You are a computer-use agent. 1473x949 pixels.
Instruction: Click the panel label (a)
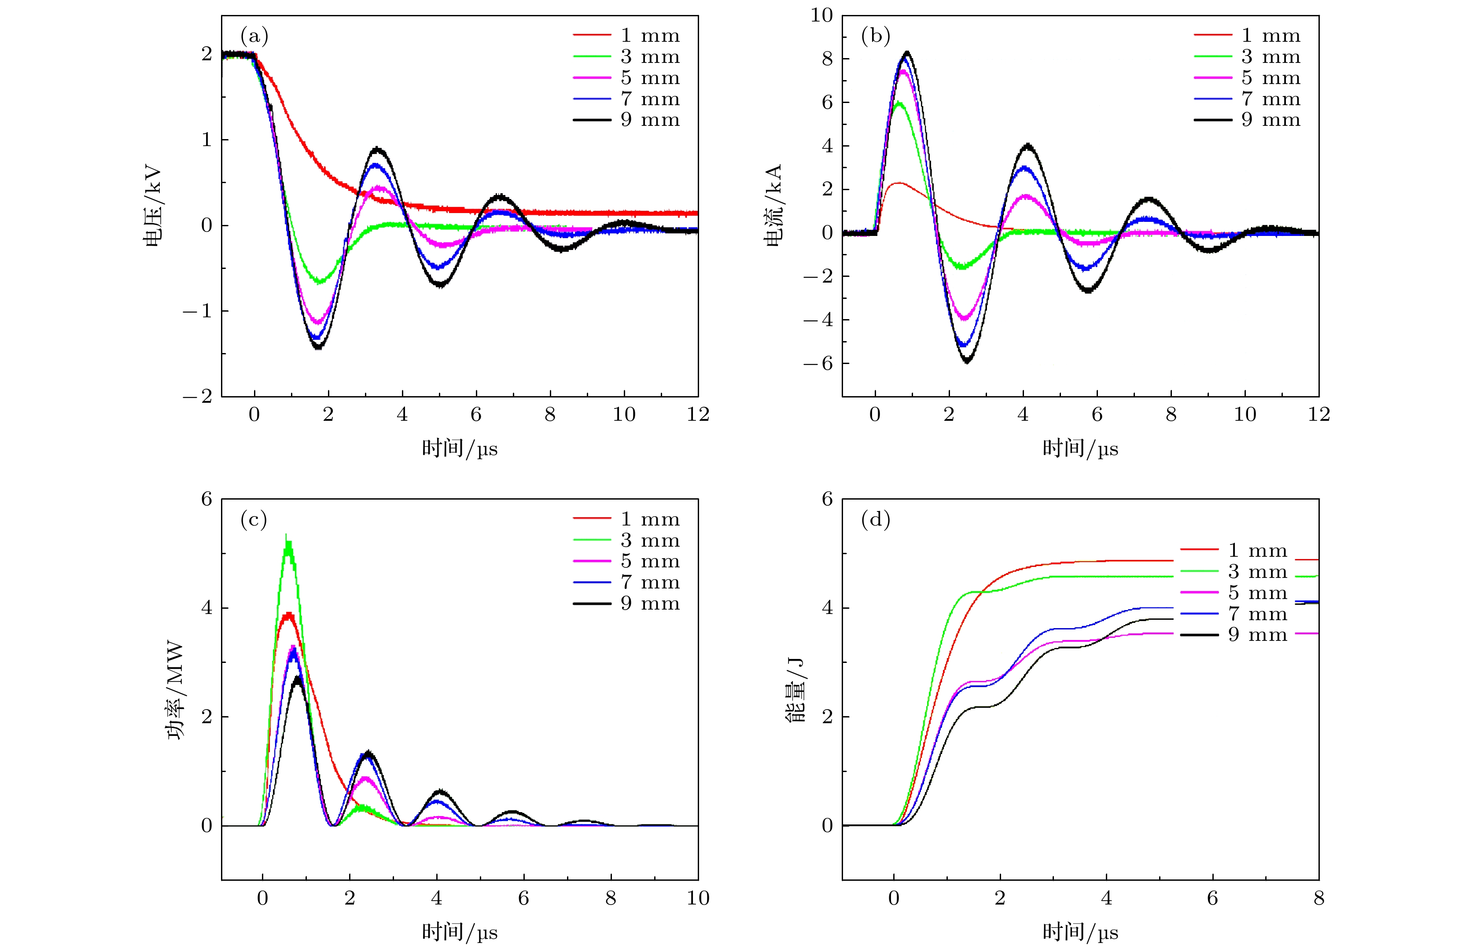[254, 37]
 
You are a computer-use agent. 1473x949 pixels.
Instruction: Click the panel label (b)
[875, 37]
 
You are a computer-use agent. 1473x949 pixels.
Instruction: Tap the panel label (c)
[254, 520]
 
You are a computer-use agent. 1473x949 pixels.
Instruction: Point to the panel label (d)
[875, 520]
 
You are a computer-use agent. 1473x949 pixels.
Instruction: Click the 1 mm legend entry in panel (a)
[626, 36]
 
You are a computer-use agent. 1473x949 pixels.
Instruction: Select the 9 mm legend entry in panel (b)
[1247, 120]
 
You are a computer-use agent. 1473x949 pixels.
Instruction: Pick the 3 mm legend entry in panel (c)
[626, 541]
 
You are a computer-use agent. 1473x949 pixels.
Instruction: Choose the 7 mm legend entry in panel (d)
[1233, 614]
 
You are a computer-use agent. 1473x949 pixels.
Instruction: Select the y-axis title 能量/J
[795, 690]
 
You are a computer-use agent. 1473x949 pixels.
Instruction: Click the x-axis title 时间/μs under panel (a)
[459, 449]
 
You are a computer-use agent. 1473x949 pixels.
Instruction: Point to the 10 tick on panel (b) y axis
[821, 15]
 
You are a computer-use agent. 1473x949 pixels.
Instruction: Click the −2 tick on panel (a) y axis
[197, 396]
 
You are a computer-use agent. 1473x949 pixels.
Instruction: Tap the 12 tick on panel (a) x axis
[698, 415]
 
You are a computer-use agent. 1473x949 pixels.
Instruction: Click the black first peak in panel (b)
[906, 53]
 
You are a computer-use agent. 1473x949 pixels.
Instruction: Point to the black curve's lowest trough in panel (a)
[318, 347]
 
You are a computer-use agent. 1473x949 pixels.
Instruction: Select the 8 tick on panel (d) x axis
[1318, 898]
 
